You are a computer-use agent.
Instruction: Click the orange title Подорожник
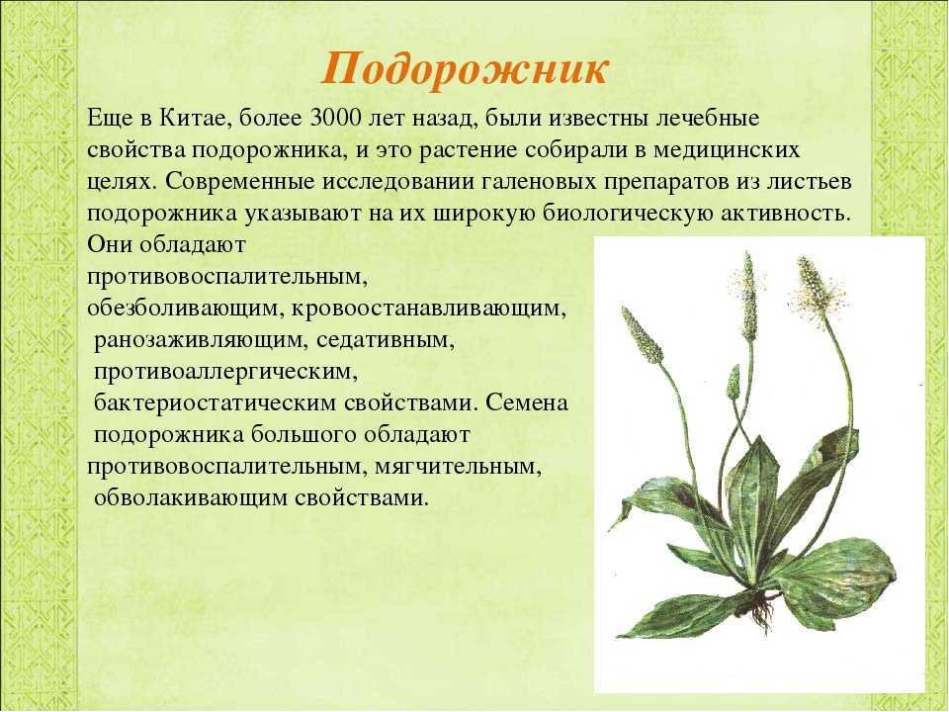(x=465, y=69)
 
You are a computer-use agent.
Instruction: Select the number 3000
(x=334, y=117)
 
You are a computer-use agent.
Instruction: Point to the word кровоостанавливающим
(x=429, y=309)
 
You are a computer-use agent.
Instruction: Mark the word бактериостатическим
(x=215, y=403)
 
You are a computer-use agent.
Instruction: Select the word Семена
(x=526, y=403)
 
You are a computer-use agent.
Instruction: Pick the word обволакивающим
(x=191, y=498)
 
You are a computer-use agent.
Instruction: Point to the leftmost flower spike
(x=643, y=335)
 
